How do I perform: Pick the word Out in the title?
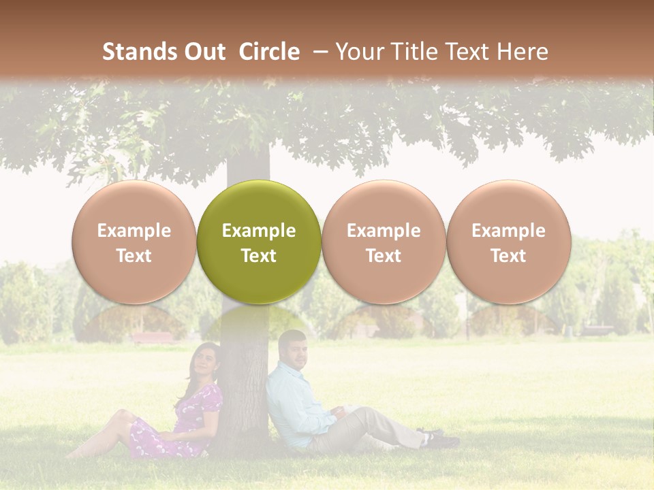[x=204, y=52]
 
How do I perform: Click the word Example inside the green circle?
[x=259, y=231]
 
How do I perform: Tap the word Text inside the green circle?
[x=259, y=256]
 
